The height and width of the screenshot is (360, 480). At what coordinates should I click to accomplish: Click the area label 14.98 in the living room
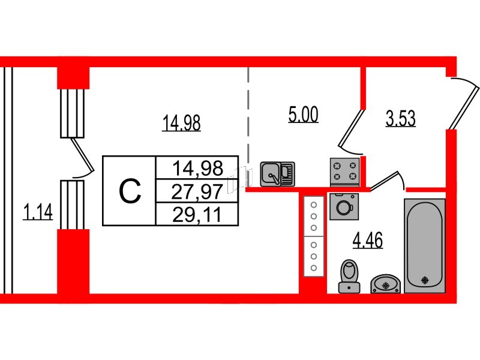(182, 122)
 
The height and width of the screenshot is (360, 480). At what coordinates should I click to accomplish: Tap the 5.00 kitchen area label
(304, 115)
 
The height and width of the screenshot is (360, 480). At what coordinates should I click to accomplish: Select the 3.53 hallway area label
(401, 118)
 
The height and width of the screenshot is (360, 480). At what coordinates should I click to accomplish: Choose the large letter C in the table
(130, 191)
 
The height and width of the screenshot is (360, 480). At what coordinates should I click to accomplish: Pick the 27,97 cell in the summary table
(197, 191)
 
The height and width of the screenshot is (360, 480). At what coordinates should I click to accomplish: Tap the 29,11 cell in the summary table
(197, 215)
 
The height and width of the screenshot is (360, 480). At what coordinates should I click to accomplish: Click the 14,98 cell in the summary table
(198, 168)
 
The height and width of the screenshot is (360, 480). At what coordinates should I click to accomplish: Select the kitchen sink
(277, 174)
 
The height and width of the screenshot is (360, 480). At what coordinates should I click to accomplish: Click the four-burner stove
(344, 172)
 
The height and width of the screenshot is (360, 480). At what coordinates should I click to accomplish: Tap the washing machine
(344, 206)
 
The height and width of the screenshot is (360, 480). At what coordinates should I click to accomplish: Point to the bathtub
(425, 246)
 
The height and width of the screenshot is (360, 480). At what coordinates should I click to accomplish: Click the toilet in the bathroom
(349, 277)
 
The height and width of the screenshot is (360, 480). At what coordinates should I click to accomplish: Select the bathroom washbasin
(386, 284)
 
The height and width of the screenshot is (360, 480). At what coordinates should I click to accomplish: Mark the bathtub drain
(425, 280)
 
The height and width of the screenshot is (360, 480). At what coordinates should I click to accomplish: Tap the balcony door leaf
(82, 155)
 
